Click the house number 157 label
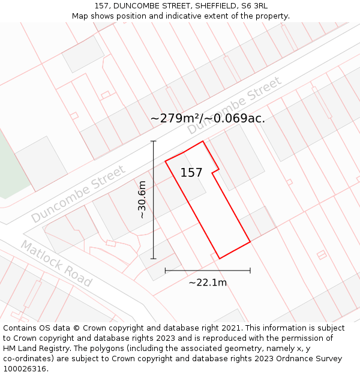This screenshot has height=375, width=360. pos(191,173)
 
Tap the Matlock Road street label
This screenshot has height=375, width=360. pos(56,263)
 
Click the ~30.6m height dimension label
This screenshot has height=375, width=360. pos(142,199)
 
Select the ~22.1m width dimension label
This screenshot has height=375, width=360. pos(208,283)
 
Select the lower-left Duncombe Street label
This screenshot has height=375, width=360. pos(79,193)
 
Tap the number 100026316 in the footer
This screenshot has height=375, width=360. pos(25,369)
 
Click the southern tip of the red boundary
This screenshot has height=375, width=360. pos(219,259)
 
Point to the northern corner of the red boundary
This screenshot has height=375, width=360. pos(203,142)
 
